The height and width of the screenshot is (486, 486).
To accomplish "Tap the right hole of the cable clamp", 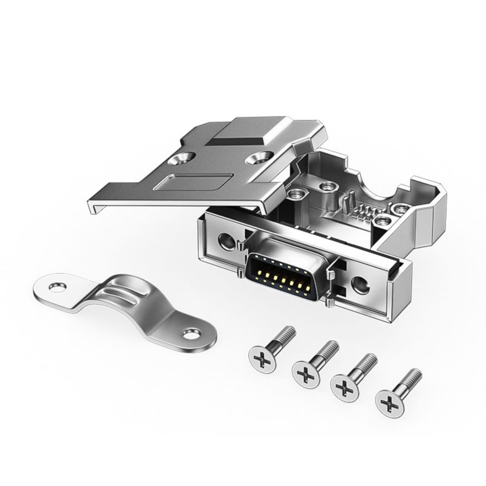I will [x=191, y=335].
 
